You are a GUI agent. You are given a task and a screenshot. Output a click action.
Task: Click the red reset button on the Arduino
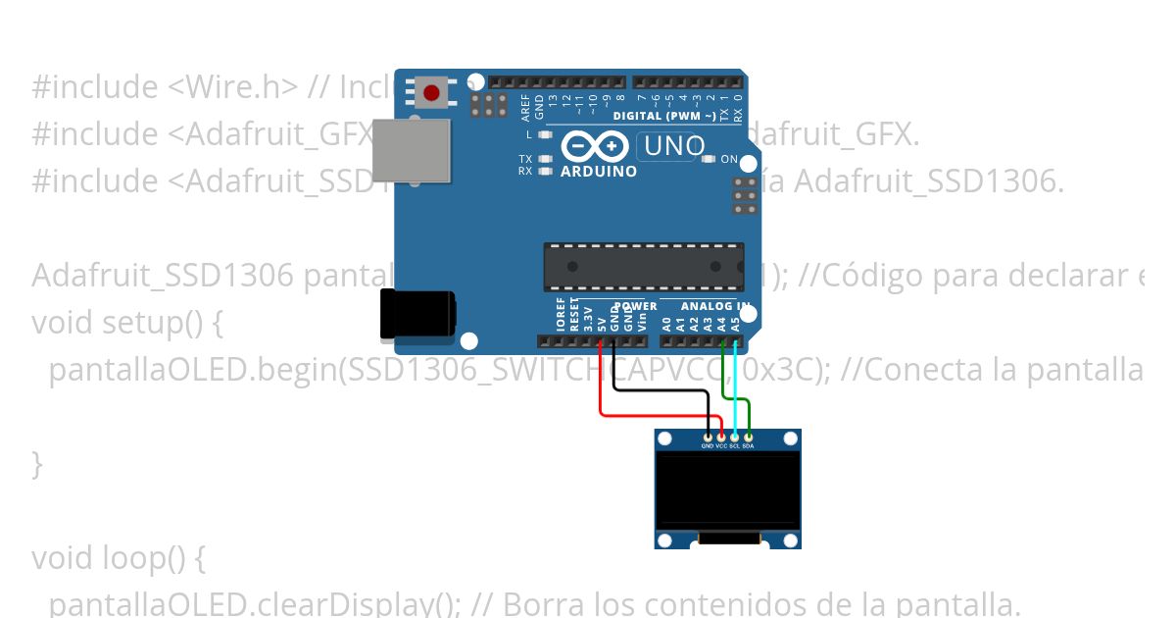pos(431,93)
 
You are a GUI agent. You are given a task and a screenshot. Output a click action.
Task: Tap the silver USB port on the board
pos(412,150)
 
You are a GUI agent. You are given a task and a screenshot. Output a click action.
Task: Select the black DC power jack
pos(418,314)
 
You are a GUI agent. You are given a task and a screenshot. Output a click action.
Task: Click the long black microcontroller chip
pos(643,267)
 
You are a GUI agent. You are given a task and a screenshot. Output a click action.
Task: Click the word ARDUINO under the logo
pos(599,172)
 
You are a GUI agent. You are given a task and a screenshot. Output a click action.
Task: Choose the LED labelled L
pos(546,134)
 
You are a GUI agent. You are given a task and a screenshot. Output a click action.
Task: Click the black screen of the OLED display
pos(727,489)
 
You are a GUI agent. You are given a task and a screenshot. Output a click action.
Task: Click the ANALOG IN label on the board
pos(714,306)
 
